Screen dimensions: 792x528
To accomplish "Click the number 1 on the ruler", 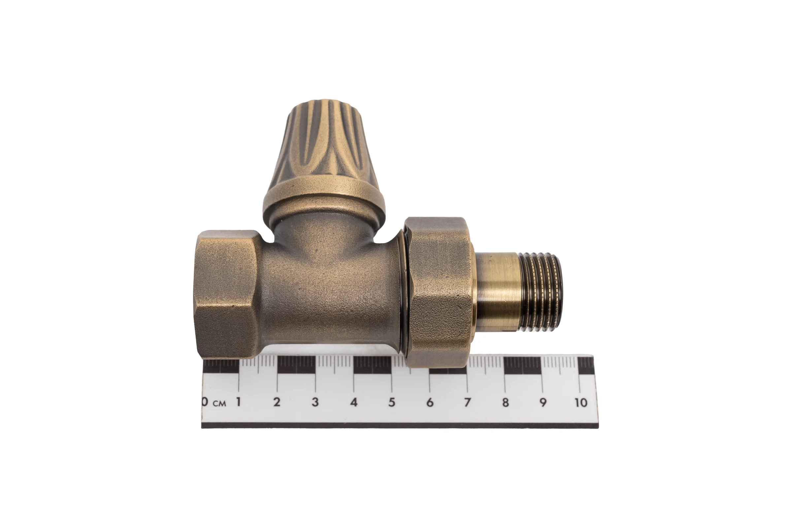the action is tap(239, 402).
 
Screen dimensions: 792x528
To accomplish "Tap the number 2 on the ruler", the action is tap(277, 402).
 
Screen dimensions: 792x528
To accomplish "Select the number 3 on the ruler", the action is tap(315, 402).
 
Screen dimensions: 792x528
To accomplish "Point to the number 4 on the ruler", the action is tap(353, 402).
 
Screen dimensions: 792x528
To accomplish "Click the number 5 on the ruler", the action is tap(392, 402).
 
